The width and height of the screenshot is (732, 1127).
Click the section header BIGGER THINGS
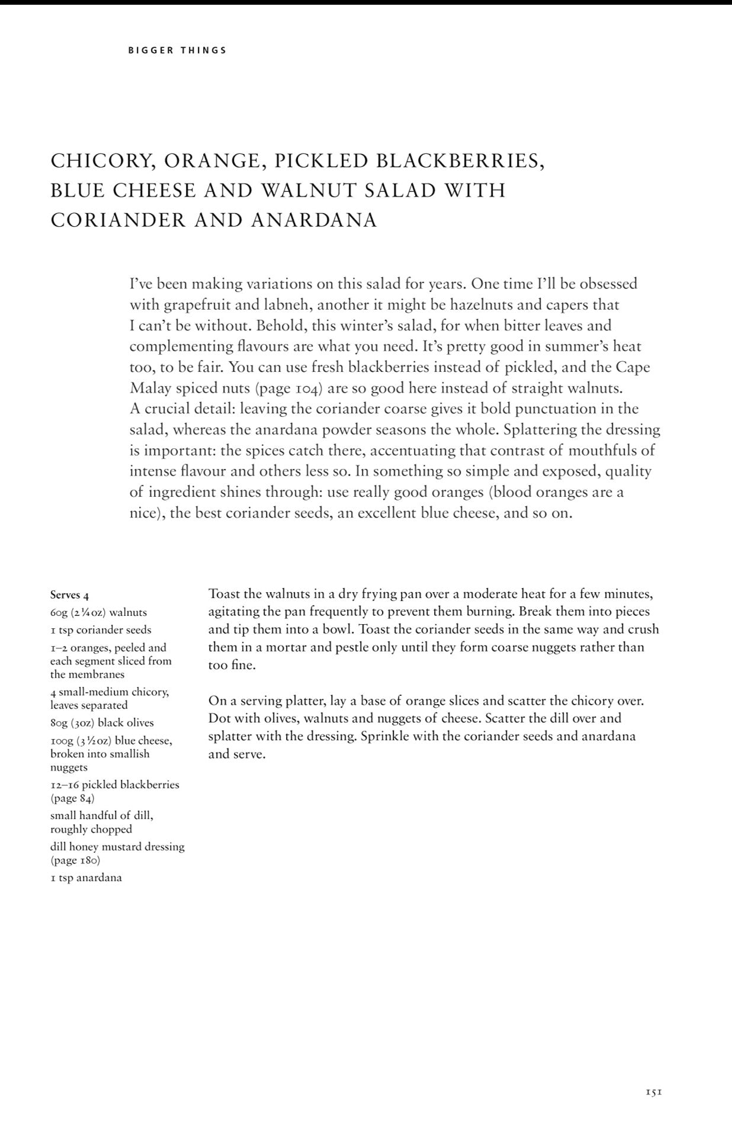coord(177,50)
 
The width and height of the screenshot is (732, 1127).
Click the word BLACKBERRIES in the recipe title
coord(460,161)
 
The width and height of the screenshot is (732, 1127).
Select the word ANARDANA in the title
coord(314,220)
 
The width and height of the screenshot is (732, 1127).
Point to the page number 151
coord(653,1091)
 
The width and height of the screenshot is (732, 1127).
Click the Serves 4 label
coord(69,595)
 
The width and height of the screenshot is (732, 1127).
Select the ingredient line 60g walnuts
coord(98,612)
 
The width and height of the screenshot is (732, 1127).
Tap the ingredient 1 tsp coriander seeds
coord(101,630)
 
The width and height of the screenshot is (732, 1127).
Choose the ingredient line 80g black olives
coord(102,723)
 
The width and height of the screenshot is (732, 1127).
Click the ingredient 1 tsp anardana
coord(86,878)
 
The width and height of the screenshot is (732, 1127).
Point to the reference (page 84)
coord(72,798)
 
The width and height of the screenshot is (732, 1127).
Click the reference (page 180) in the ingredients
coord(75,860)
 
